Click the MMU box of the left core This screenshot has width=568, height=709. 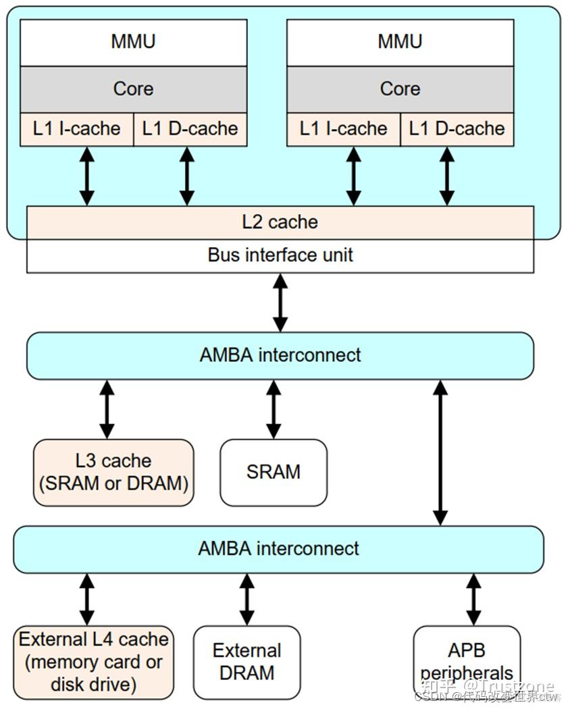click(x=133, y=42)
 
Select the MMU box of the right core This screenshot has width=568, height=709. click(x=400, y=42)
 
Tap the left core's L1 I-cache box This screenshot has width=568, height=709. click(x=77, y=129)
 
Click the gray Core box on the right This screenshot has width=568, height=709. click(x=400, y=88)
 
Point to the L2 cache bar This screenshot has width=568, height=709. click(x=280, y=222)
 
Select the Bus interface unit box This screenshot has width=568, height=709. click(x=280, y=256)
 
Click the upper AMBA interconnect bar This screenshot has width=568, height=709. click(x=280, y=355)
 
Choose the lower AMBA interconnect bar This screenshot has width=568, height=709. click(x=278, y=548)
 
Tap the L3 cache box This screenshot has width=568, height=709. click(x=113, y=473)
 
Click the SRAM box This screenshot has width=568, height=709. click(x=274, y=473)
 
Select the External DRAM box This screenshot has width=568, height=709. click(x=247, y=662)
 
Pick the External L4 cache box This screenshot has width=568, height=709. click(x=94, y=662)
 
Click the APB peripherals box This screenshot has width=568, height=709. click(x=467, y=662)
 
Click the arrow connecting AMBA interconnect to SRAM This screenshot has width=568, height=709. click(x=274, y=409)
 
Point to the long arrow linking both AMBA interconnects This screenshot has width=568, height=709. click(x=440, y=452)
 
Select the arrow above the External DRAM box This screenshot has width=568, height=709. click(x=247, y=599)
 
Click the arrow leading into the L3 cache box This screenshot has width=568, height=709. click(x=107, y=409)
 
